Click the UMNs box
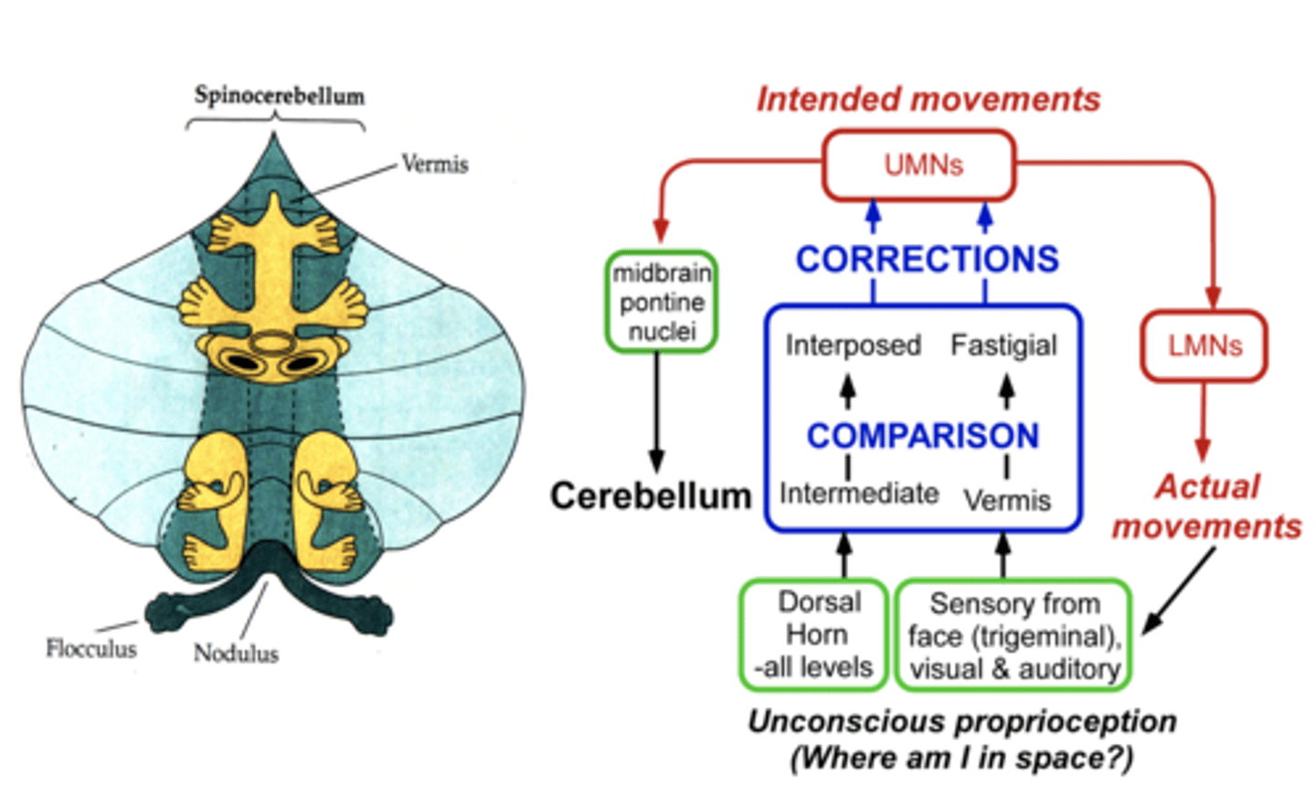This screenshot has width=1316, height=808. [919, 165]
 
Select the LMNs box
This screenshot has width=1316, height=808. [1204, 346]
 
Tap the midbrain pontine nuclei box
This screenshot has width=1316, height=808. [661, 303]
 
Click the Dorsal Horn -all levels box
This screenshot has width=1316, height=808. [813, 634]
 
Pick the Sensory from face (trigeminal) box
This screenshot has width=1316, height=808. [1014, 635]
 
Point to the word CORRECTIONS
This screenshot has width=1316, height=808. [927, 260]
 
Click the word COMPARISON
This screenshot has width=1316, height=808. [922, 436]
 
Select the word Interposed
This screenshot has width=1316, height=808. [853, 346]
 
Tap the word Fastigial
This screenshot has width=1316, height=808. [1003, 346]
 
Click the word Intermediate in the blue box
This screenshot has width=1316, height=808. [858, 494]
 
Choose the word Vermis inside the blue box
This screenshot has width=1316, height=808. [1007, 501]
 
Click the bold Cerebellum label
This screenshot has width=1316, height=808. [650, 495]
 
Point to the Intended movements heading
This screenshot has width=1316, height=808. [928, 99]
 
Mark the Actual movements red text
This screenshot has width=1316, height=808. [1206, 506]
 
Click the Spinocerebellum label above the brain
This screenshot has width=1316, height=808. [279, 95]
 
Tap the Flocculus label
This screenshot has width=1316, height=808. [90, 649]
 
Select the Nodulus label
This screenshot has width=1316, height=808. [236, 654]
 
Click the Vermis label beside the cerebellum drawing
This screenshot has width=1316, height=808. [435, 165]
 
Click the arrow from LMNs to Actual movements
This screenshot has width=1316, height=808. [1203, 421]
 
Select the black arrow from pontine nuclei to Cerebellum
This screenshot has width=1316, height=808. [656, 411]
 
